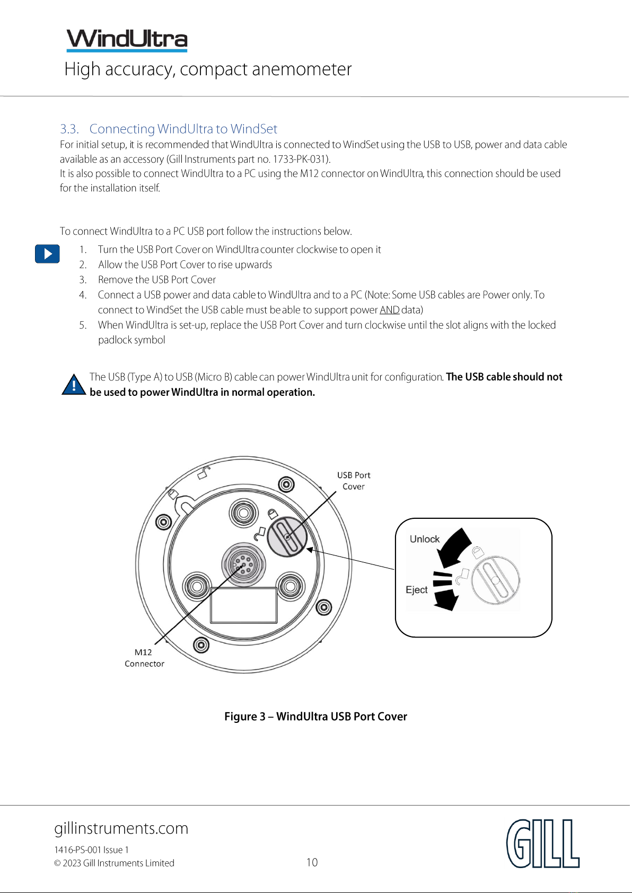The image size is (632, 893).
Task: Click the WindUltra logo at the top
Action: (x=127, y=40)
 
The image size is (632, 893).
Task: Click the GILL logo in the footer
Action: (x=543, y=843)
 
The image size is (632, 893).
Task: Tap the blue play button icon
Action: (x=47, y=253)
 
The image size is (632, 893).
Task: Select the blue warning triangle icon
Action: (x=74, y=384)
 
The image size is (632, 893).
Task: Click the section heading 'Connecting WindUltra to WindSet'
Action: (x=183, y=129)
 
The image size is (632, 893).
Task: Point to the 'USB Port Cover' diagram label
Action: (x=354, y=480)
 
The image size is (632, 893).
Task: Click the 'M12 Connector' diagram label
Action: (x=144, y=658)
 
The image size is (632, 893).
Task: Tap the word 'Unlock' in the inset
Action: (x=424, y=539)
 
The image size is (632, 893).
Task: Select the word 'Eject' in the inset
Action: (x=416, y=590)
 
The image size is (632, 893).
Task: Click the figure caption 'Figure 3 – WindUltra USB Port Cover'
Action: (x=316, y=717)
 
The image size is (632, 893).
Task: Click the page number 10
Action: (x=312, y=862)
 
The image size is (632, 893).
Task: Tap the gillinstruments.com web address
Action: (x=121, y=828)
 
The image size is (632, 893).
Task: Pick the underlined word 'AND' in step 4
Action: (x=390, y=310)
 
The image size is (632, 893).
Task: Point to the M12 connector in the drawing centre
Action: (x=243, y=564)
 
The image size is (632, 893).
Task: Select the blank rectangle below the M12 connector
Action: (x=244, y=605)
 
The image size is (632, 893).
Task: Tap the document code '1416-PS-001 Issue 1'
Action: (x=91, y=850)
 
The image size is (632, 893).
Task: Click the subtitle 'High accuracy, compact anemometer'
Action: (x=208, y=69)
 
